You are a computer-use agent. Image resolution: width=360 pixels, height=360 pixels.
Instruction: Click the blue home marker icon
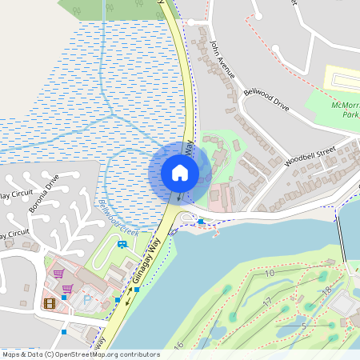click(x=180, y=172)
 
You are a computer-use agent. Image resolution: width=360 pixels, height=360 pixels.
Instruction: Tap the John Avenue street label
click(x=223, y=59)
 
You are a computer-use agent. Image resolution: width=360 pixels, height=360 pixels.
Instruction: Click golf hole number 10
click(x=269, y=273)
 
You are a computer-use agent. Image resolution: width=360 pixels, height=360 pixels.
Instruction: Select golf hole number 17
click(x=266, y=301)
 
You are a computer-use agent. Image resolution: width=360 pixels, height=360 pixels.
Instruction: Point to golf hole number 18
click(x=326, y=290)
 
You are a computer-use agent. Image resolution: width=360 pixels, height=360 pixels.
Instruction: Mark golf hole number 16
click(x=178, y=345)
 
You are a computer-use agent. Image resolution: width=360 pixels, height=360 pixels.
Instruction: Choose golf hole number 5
click(x=303, y=326)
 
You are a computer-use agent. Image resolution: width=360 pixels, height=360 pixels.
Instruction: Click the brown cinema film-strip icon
click(x=50, y=302)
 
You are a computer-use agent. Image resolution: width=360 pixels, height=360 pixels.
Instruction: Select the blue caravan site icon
click(x=122, y=244)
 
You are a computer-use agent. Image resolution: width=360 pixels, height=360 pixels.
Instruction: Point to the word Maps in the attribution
click(x=12, y=354)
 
